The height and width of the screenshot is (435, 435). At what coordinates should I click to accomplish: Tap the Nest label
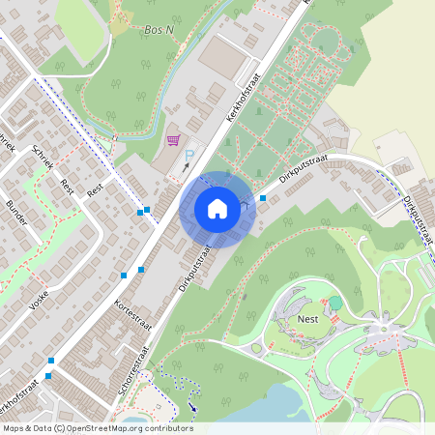click(x=309, y=317)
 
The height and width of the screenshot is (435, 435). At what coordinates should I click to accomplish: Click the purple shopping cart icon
click(x=173, y=140)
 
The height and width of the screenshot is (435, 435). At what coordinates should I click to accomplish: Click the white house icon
click(x=217, y=208)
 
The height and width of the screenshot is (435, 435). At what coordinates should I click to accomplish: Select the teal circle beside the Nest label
click(x=335, y=303)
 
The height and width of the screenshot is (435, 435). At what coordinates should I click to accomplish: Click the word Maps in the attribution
click(x=14, y=428)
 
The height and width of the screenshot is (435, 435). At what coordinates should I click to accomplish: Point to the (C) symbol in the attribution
click(x=59, y=428)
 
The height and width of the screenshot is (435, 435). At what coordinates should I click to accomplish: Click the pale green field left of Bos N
click(x=80, y=29)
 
